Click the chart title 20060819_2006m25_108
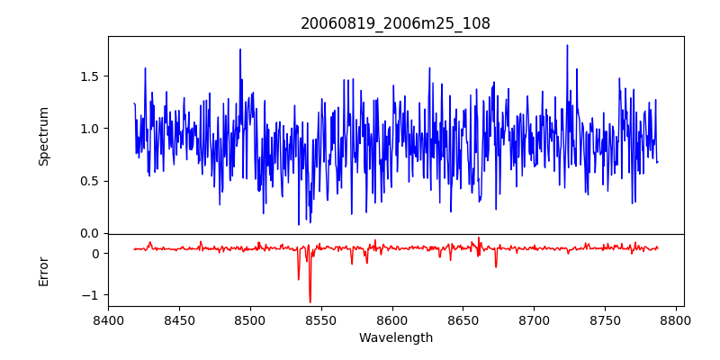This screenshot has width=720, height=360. pyautogui.click(x=395, y=24)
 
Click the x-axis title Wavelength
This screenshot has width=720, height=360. pyautogui.click(x=395, y=338)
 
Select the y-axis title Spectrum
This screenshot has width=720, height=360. pyautogui.click(x=44, y=135)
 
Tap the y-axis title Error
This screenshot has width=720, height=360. pyautogui.click(x=44, y=270)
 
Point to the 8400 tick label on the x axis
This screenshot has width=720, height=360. pyautogui.click(x=108, y=320)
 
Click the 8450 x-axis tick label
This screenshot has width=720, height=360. pyautogui.click(x=179, y=320)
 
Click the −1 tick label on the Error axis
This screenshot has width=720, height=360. pyautogui.click(x=91, y=295)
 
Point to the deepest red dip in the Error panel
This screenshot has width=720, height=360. pyautogui.click(x=310, y=302)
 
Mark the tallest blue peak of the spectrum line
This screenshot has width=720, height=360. pyautogui.click(x=567, y=45)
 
